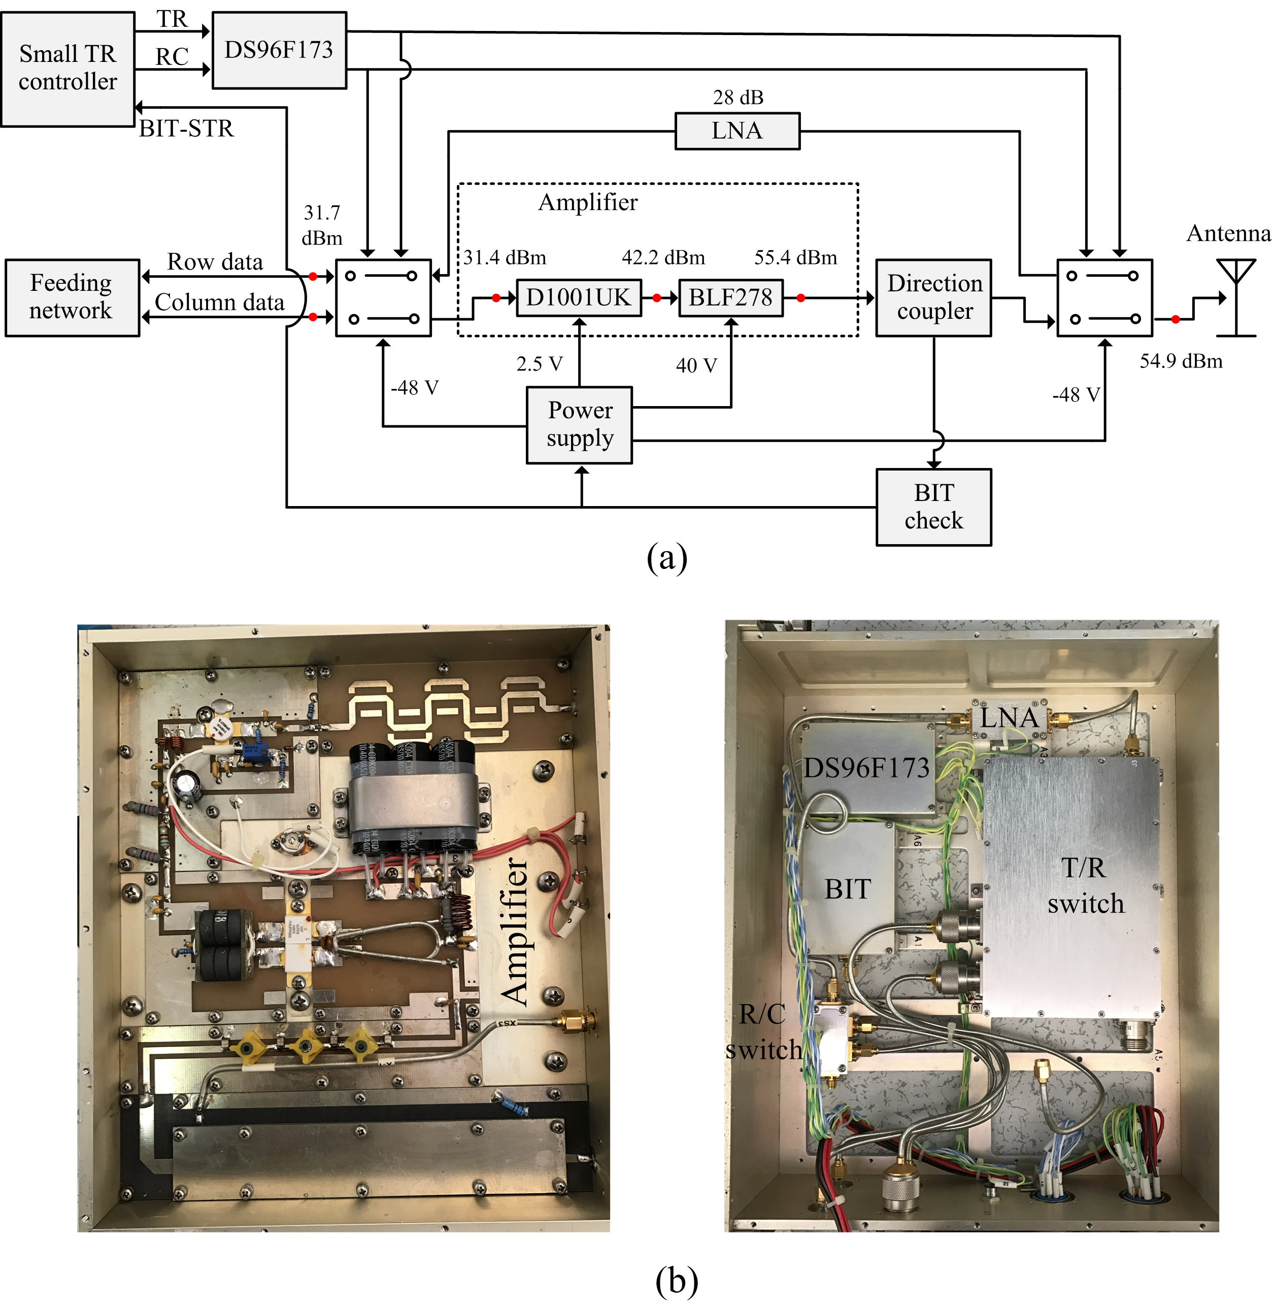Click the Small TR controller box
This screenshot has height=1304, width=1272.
68,69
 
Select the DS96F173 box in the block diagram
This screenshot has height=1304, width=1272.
279,50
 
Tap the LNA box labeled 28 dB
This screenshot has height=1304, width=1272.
737,131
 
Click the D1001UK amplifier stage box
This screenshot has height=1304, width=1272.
579,298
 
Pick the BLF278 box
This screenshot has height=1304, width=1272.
730,298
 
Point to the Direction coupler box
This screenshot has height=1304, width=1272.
933,298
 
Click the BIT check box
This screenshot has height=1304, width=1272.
933,507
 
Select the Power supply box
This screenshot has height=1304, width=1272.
579,425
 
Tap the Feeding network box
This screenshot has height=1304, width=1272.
72,298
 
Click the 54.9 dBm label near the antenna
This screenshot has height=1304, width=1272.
1181,361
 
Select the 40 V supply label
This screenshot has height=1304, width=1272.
696,365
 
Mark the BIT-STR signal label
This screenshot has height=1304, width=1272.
186,128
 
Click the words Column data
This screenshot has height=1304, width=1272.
219,302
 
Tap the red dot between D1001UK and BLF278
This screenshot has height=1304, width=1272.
657,298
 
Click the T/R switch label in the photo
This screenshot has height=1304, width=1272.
1086,886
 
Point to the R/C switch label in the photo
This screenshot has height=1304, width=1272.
763,1032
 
